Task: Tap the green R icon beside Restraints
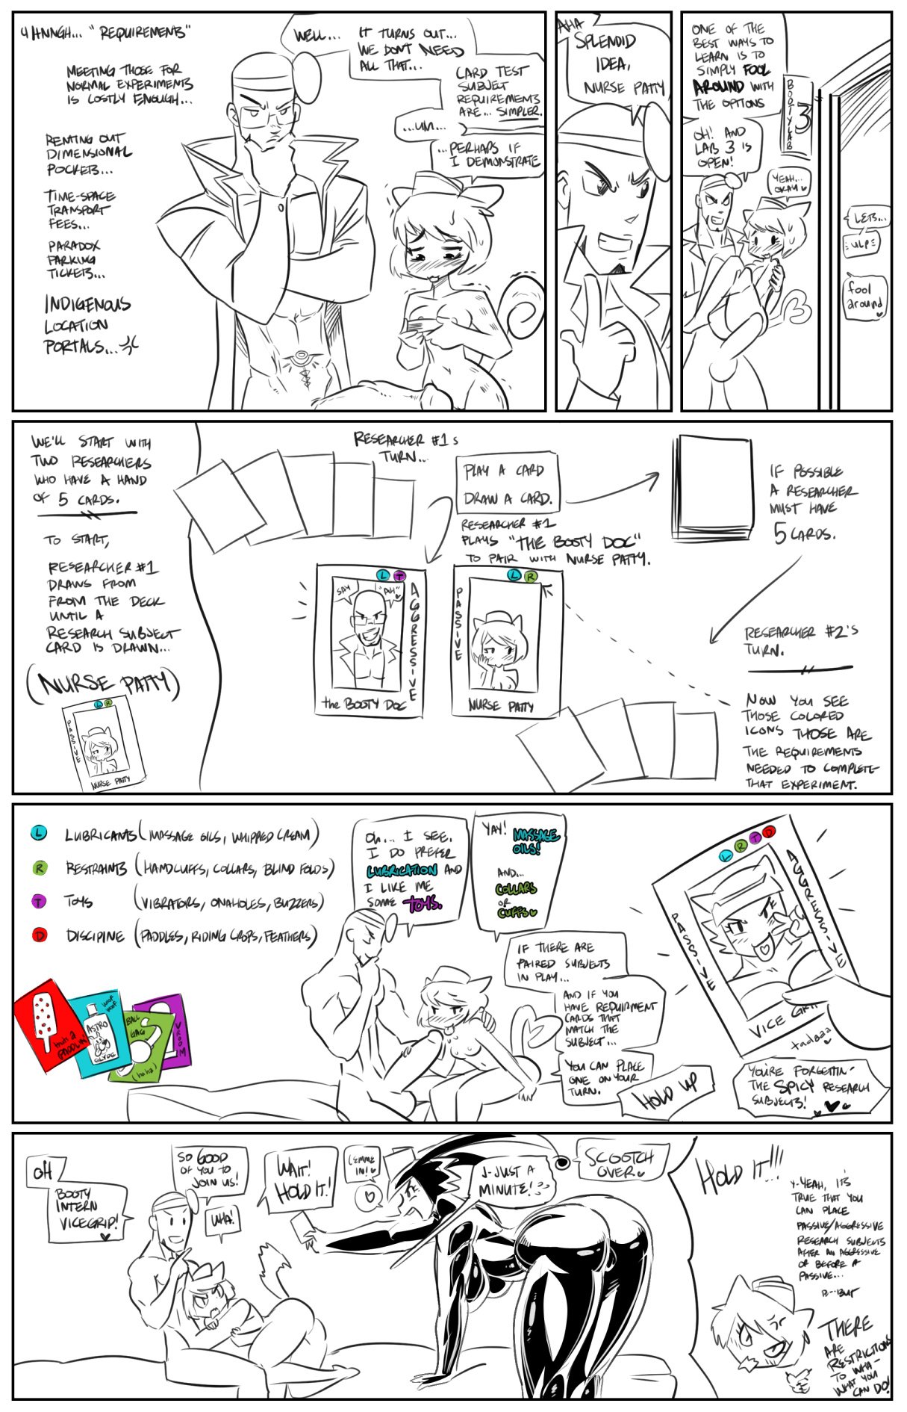39,867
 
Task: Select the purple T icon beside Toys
39,901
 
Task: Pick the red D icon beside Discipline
39,935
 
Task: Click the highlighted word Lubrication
401,870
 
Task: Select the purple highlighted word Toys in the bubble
422,904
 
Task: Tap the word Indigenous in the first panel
87,305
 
